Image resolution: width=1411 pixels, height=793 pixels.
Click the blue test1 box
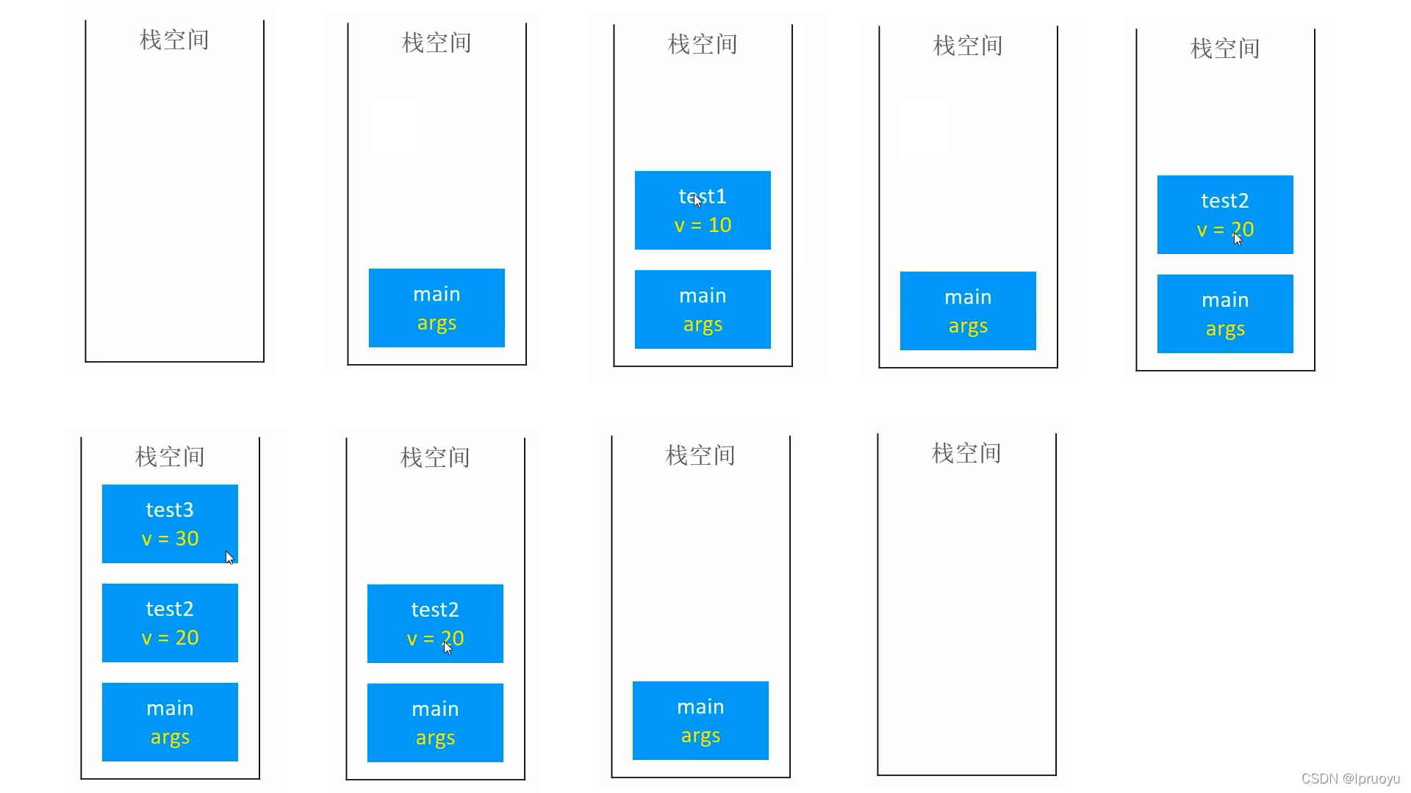click(x=703, y=211)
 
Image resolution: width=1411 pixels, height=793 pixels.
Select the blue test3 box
click(x=170, y=524)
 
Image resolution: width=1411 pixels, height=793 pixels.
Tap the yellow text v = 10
click(x=703, y=225)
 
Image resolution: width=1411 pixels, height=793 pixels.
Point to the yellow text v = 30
click(x=170, y=539)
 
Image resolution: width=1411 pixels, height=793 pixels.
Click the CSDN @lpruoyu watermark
click(x=1350, y=779)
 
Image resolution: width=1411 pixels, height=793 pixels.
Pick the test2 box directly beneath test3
click(x=170, y=623)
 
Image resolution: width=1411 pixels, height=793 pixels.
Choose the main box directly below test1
click(x=703, y=309)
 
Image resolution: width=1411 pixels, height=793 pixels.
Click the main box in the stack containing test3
click(x=170, y=722)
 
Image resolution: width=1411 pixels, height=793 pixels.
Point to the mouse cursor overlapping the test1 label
click(x=697, y=200)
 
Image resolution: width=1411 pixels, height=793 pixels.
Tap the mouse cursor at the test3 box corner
click(x=229, y=558)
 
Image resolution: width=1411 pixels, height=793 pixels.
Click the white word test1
click(x=703, y=197)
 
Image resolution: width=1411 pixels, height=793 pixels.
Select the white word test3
click(x=170, y=510)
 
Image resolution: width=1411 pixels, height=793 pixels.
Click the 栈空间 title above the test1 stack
click(x=703, y=44)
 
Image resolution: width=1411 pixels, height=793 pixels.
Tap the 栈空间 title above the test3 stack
click(x=170, y=457)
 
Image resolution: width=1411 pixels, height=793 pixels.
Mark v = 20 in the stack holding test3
click(x=170, y=638)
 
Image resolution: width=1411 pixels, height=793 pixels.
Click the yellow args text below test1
click(x=703, y=325)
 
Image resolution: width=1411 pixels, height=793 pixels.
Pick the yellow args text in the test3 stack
click(x=170, y=737)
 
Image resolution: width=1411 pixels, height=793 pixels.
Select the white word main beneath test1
click(x=703, y=296)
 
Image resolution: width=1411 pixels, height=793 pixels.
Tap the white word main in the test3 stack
click(x=170, y=709)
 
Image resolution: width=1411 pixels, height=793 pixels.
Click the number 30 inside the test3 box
click(x=187, y=539)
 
